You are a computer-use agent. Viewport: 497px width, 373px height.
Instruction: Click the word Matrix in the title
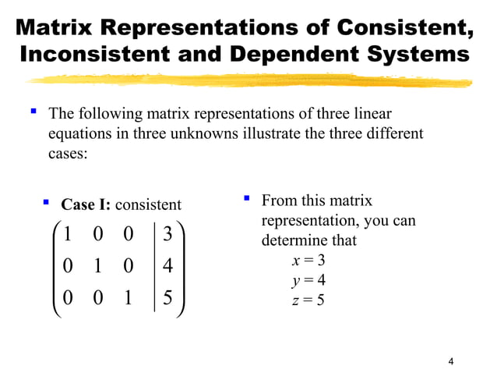point(52,27)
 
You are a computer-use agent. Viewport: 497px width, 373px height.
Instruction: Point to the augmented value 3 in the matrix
point(169,234)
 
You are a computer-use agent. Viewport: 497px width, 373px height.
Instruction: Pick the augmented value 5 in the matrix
point(169,299)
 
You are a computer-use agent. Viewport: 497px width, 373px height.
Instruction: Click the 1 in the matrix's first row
point(68,234)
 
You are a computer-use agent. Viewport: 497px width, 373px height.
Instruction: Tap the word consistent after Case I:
point(148,205)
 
